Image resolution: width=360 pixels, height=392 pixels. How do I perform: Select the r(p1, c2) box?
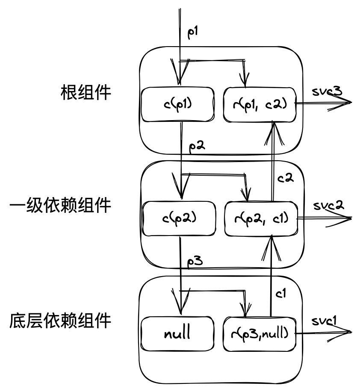point(260,104)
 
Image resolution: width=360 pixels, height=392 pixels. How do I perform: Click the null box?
point(177,333)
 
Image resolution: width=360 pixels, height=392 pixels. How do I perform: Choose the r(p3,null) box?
point(260,333)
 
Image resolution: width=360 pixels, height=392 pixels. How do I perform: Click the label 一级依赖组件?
point(60,206)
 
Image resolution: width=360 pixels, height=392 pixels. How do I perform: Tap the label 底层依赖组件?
point(60,321)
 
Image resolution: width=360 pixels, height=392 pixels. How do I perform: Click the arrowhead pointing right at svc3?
point(345,103)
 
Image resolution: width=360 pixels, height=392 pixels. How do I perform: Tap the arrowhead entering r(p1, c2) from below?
point(272,128)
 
